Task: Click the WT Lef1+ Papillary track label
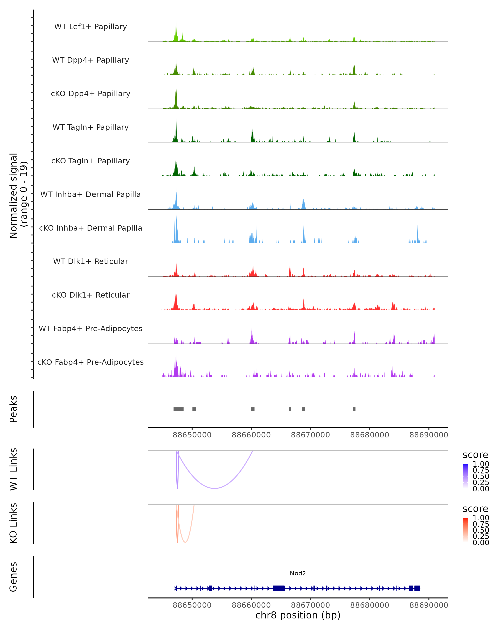coord(91,27)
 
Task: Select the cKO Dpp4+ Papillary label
coord(91,93)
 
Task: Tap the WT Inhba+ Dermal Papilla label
coord(91,194)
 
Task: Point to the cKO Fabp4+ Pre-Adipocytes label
coord(91,362)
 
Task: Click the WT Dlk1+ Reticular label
coord(91,261)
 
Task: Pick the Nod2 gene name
coord(298,573)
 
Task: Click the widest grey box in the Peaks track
coord(178,409)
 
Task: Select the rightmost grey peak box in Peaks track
coord(354,409)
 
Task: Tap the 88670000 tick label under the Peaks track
coord(310,435)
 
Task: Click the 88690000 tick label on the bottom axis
coord(429,605)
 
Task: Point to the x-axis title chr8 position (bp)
coord(298,615)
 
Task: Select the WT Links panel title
coord(13,469)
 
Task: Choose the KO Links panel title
coord(13,523)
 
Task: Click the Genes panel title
coord(13,577)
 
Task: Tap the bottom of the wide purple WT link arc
coord(215,488)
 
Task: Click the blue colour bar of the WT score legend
coord(465,476)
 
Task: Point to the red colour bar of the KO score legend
coord(465,530)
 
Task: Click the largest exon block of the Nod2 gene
coord(279,588)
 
